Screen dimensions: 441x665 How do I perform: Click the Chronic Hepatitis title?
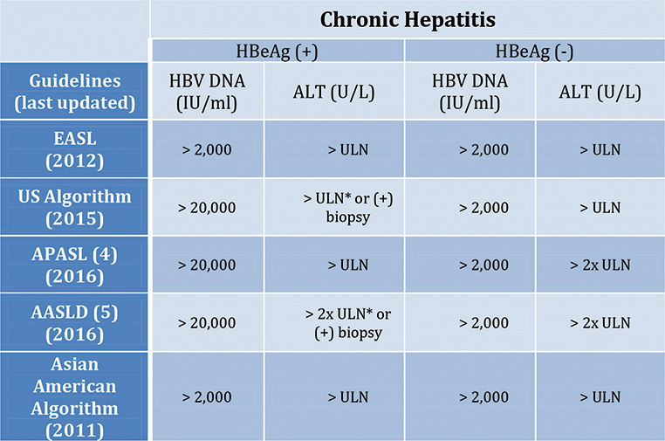(407, 19)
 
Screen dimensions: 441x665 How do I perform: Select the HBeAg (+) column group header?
(278, 51)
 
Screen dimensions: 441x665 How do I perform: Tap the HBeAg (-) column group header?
(534, 51)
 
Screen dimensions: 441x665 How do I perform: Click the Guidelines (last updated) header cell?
(75, 91)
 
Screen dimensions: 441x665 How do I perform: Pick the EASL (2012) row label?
(75, 149)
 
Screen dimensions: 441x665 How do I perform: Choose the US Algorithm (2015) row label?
(75, 207)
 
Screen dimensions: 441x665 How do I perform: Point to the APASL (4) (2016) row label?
(75, 265)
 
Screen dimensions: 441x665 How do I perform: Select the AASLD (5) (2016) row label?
(75, 322)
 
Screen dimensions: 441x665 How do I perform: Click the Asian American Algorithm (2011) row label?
(75, 396)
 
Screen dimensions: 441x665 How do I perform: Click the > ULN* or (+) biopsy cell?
(336, 207)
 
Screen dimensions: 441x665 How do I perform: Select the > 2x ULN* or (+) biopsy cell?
(336, 322)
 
